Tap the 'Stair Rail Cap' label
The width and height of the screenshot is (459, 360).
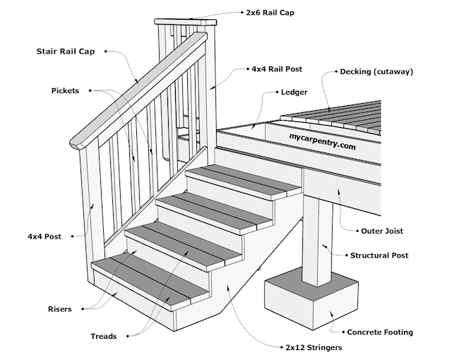tap(66, 52)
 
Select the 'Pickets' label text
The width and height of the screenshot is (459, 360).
tap(65, 91)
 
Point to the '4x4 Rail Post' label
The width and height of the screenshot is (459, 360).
tap(277, 70)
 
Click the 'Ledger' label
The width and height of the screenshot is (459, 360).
tap(294, 92)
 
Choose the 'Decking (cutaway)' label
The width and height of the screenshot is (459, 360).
tap(376, 71)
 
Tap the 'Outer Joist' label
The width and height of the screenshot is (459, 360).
tap(382, 231)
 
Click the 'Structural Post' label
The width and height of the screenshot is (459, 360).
tap(379, 256)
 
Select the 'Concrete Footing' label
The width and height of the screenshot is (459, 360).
tap(379, 332)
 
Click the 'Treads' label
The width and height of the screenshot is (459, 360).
tap(103, 336)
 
